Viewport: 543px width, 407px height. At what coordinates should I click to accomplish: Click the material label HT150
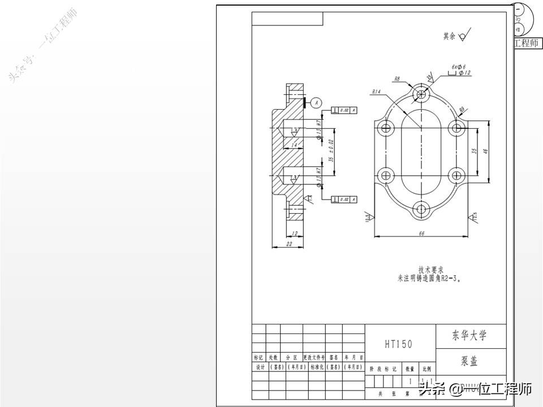click(x=399, y=344)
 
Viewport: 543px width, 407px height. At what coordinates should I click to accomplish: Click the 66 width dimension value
click(x=421, y=232)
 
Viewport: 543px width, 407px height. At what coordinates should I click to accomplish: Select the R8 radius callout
click(x=397, y=79)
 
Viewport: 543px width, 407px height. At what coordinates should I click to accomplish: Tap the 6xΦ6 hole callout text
click(x=458, y=66)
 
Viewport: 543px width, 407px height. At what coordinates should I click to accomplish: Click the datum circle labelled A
click(x=316, y=102)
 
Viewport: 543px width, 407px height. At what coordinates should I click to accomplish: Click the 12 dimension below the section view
click(x=295, y=233)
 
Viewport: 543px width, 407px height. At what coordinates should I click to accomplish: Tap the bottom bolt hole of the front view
click(x=420, y=210)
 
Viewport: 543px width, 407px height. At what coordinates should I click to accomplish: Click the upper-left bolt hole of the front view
click(x=387, y=127)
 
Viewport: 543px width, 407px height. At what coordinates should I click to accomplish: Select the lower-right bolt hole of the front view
click(x=455, y=175)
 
